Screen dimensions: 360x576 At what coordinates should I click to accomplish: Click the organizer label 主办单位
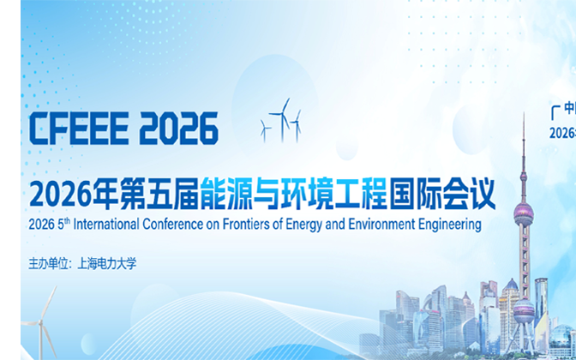52,263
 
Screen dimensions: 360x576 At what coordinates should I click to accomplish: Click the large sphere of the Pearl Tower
523,212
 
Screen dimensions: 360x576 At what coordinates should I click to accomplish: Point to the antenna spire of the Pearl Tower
523,146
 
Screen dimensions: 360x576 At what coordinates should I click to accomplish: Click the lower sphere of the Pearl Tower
523,310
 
